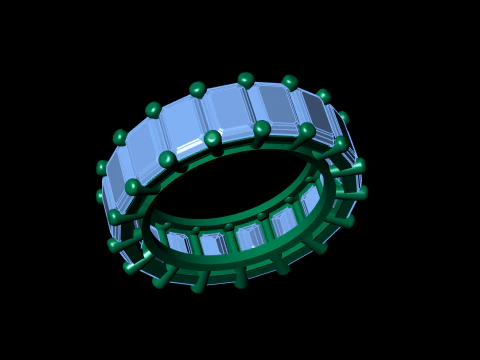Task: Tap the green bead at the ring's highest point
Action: click(246, 79)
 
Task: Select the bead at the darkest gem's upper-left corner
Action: click(246, 79)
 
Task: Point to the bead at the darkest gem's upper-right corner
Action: click(290, 82)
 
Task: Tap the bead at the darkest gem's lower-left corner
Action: click(262, 128)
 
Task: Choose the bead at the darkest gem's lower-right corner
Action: click(307, 130)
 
